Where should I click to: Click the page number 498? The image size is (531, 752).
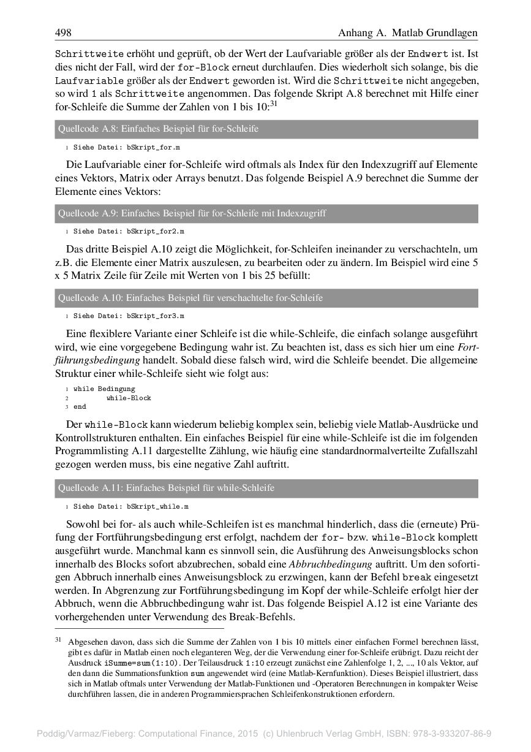coord(64,32)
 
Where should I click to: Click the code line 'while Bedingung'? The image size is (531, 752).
coord(104,389)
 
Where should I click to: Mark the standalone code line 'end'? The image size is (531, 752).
coord(80,406)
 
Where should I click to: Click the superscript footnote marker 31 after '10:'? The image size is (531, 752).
coord(274,104)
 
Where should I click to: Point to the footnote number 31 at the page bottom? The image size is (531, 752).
coord(59,640)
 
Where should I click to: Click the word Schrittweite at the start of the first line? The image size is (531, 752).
coord(89,53)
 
